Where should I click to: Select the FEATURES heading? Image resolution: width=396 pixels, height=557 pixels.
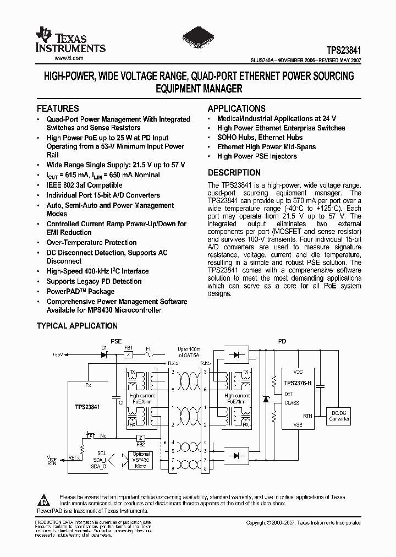point(58,108)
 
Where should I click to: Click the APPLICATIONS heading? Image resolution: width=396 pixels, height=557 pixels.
point(237,108)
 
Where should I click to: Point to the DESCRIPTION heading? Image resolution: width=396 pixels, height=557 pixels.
point(234,172)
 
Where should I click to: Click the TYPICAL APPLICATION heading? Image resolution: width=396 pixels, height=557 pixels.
point(77,326)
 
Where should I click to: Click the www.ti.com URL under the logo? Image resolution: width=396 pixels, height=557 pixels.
point(69,58)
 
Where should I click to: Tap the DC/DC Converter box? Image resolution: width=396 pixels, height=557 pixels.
point(339,416)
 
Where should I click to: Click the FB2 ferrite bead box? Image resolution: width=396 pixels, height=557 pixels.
point(140,437)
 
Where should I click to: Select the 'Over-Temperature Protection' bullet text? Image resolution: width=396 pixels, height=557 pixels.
point(91,242)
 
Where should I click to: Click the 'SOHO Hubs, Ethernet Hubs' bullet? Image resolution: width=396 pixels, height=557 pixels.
point(260,137)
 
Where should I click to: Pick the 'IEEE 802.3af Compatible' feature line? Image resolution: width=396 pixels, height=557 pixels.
point(84,185)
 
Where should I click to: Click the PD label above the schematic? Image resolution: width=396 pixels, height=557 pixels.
point(282,341)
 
